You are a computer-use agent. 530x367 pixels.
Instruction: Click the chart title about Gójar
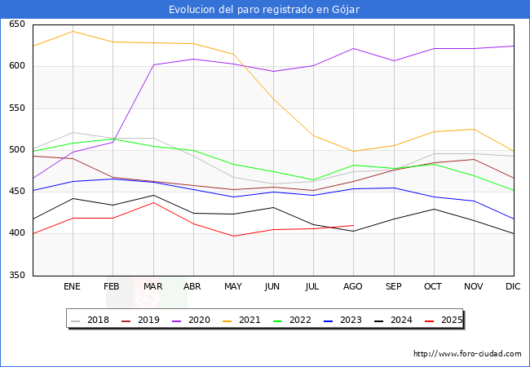click(264, 9)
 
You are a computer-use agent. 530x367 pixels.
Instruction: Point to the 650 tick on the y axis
click(17, 24)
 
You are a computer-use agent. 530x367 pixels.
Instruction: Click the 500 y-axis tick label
click(17, 150)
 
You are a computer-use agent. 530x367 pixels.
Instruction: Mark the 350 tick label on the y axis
click(17, 276)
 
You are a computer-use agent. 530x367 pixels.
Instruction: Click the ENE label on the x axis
click(73, 287)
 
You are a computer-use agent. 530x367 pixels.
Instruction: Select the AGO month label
click(353, 287)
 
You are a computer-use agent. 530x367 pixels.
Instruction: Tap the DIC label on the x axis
click(513, 287)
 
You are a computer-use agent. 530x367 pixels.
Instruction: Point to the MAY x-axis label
click(233, 287)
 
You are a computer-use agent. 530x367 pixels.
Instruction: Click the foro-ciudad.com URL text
click(467, 354)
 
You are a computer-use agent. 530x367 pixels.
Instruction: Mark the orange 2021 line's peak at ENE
click(73, 31)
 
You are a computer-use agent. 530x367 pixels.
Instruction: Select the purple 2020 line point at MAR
click(153, 64)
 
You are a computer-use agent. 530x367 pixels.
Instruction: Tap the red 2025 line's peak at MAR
click(153, 202)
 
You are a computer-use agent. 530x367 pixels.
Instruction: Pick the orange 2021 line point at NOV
click(474, 129)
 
